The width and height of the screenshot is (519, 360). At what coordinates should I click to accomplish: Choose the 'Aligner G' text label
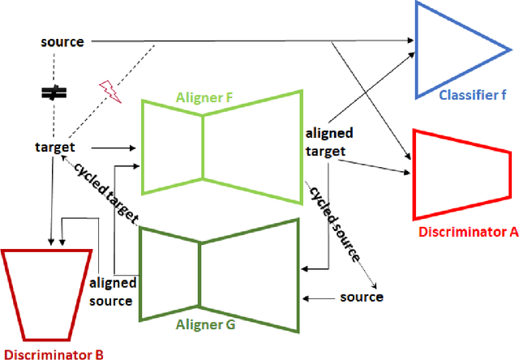point(205,323)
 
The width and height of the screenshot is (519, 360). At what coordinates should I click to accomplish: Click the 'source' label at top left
point(62,42)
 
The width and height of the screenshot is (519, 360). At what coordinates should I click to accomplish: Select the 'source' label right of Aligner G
point(362,297)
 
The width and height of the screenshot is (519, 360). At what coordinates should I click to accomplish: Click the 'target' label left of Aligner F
point(55,148)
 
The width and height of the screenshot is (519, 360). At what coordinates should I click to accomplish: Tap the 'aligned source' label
point(111,292)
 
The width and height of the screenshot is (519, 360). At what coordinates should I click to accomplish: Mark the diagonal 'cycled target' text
point(105,191)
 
